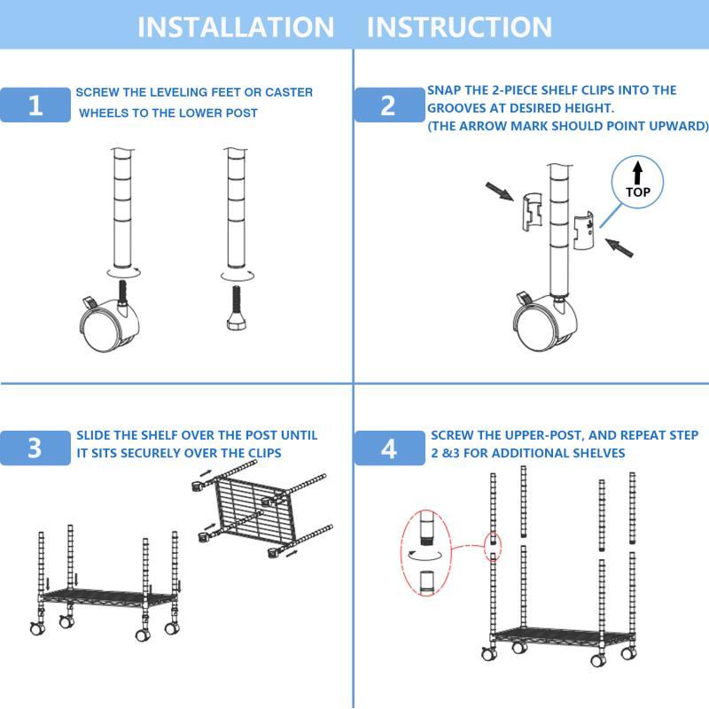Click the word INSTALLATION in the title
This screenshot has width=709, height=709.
click(x=236, y=27)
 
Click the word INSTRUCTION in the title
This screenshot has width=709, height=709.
click(x=459, y=27)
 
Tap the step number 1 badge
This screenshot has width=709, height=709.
click(x=35, y=105)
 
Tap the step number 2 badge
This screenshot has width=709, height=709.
click(x=388, y=105)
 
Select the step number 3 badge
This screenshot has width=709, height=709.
click(x=35, y=448)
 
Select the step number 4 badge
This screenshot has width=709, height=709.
click(x=388, y=448)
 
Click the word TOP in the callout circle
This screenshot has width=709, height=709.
click(x=637, y=191)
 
